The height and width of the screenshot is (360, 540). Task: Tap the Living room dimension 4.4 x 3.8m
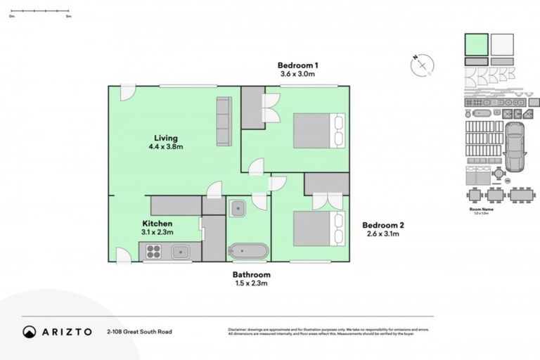166,147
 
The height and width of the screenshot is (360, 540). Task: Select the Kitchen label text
157,223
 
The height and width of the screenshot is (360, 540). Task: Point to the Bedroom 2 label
382,226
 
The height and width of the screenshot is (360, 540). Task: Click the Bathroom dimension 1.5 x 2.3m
251,283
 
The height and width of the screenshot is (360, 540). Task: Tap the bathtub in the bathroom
247,252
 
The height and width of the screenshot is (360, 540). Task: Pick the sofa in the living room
224,122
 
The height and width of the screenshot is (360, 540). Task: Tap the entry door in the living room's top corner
127,92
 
